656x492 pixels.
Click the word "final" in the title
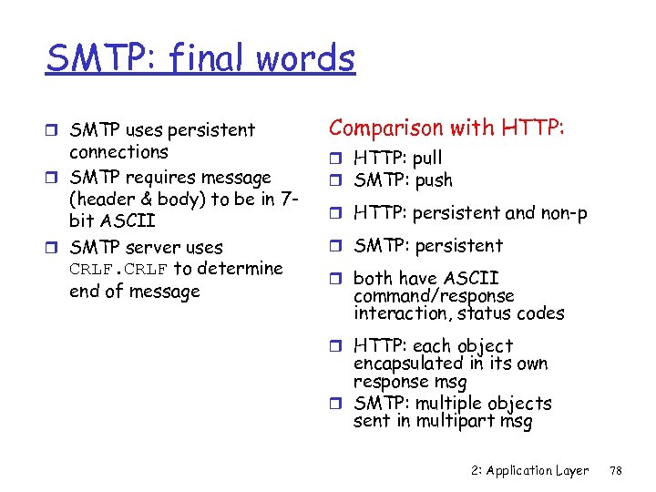[x=198, y=59]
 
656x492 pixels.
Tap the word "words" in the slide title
[x=305, y=59]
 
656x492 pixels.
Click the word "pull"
[x=427, y=159]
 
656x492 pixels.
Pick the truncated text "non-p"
[x=565, y=213]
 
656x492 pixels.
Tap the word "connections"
[x=118, y=152]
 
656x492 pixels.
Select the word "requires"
[x=170, y=177]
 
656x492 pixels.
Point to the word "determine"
[x=240, y=269]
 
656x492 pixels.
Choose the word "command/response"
[x=434, y=296]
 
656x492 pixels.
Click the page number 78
[x=615, y=471]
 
